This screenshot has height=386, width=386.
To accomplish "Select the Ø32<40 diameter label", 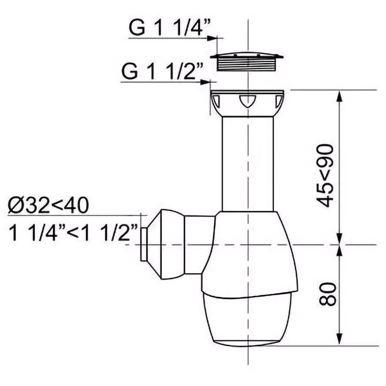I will [48, 206].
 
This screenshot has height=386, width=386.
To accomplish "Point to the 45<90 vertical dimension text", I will [324, 176].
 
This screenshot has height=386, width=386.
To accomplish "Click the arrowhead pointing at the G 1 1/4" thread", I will [212, 38].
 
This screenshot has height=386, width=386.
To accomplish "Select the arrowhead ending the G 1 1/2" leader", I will [206, 82].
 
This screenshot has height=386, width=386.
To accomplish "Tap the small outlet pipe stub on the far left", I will [143, 244].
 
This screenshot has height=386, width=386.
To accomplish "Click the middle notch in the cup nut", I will [247, 101].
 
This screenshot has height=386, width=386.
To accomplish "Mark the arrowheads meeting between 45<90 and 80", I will [339, 244].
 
